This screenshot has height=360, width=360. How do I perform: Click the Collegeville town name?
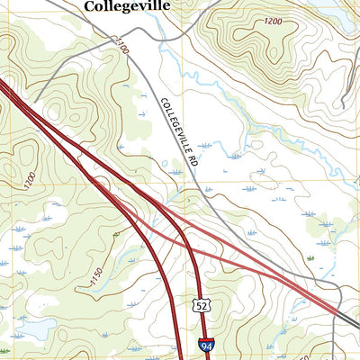(127, 7)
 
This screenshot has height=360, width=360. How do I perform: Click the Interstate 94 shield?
(208, 345)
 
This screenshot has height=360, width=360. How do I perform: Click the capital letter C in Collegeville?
(89, 7)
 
